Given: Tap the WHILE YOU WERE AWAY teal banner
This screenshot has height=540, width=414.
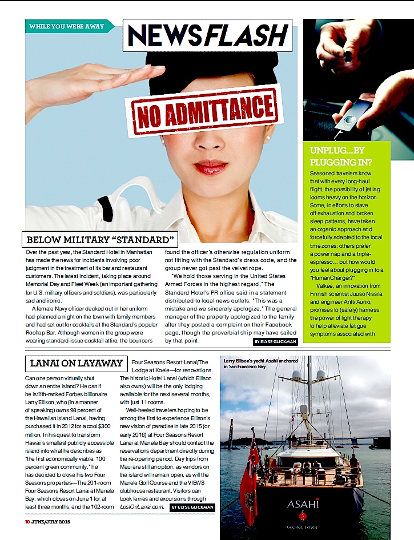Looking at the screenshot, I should (x=66, y=26).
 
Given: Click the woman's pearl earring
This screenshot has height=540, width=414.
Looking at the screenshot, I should (x=268, y=138).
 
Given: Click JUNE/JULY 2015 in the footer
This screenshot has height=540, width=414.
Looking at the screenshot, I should (x=55, y=521).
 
